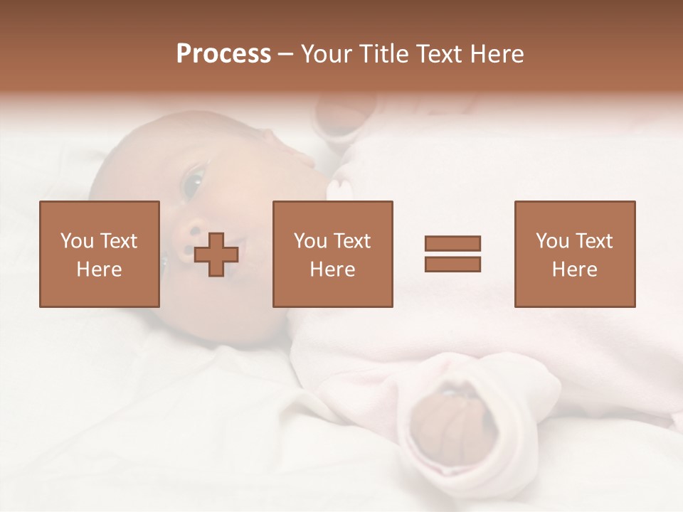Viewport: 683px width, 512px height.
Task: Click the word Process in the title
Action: click(223, 54)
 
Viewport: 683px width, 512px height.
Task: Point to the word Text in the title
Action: click(440, 54)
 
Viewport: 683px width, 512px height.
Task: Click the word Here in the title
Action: click(499, 54)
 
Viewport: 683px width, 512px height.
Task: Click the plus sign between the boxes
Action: click(217, 255)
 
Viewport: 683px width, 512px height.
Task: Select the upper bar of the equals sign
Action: click(452, 243)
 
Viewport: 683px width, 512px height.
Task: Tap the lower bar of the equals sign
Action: click(452, 265)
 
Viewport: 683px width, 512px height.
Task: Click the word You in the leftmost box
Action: click(77, 241)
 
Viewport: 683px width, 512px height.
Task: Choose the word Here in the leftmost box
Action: click(99, 270)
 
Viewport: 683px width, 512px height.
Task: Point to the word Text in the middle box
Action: click(352, 241)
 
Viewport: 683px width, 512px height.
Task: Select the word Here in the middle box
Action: click(332, 270)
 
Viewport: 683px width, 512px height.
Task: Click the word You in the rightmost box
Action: click(553, 241)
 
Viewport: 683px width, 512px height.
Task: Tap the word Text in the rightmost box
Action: click(594, 241)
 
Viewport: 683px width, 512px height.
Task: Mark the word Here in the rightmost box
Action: click(574, 270)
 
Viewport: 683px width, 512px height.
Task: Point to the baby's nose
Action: click(194, 239)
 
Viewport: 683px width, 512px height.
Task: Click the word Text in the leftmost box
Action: click(118, 241)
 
